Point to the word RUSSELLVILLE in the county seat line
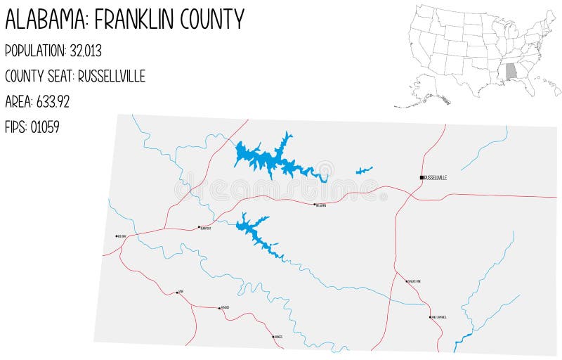(112, 76)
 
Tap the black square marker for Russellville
(421, 177)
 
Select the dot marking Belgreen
(314, 205)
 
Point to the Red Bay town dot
(117, 236)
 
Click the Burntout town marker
(199, 228)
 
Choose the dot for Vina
(177, 292)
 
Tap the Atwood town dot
(218, 308)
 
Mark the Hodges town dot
(273, 337)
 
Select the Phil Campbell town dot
(430, 317)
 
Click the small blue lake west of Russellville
(364, 170)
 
